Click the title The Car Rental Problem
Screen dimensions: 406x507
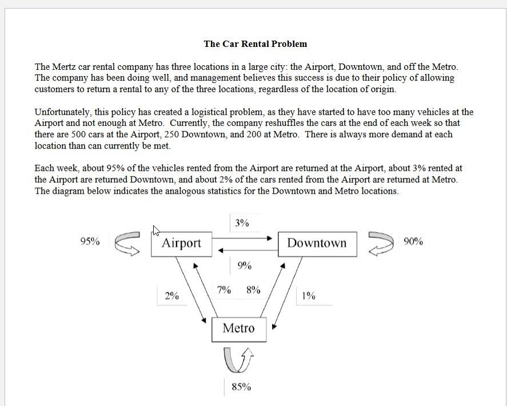click(255, 44)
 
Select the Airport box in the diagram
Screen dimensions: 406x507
click(181, 244)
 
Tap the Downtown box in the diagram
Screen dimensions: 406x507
click(317, 244)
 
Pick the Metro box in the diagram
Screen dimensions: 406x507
click(238, 329)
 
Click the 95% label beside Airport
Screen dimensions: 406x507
click(90, 241)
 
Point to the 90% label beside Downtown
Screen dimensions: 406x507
click(413, 241)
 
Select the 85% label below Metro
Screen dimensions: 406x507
click(241, 387)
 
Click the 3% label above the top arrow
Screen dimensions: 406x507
click(242, 223)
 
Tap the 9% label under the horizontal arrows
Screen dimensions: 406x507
click(244, 266)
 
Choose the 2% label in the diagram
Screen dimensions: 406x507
click(171, 296)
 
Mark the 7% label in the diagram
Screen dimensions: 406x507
click(224, 290)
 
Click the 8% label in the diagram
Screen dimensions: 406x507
click(253, 290)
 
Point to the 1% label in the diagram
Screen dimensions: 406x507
click(309, 296)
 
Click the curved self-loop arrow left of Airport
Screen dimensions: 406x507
click(127, 244)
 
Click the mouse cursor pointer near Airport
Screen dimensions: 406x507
click(155, 230)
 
